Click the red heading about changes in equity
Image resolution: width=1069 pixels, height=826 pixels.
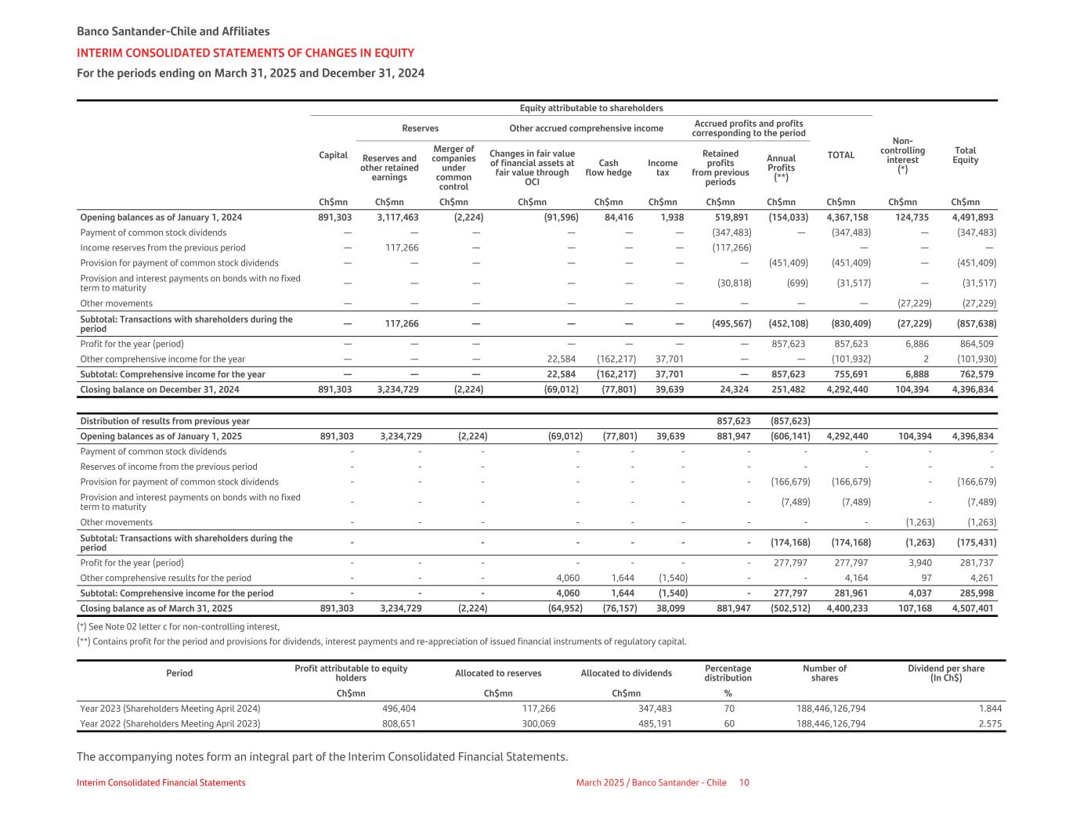[245, 53]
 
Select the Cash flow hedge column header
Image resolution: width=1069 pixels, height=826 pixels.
[609, 168]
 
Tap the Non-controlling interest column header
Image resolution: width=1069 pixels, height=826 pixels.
[902, 155]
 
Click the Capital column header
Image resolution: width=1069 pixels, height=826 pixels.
[333, 155]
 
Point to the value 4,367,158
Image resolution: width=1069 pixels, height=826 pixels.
[847, 218]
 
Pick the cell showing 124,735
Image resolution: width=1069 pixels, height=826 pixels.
[912, 218]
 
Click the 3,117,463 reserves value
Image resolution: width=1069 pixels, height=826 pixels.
[397, 218]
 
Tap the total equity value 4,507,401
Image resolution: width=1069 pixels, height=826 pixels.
[973, 608]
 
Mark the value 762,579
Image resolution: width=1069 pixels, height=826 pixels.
[974, 374]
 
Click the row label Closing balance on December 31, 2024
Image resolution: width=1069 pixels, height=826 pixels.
[160, 389]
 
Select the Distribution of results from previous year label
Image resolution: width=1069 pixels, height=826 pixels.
[164, 421]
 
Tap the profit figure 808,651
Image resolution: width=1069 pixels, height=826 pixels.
[399, 723]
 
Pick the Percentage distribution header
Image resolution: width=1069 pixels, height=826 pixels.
[728, 673]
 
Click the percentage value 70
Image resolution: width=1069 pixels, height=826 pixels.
[729, 709]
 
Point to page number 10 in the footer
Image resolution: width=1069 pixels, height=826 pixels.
[744, 783]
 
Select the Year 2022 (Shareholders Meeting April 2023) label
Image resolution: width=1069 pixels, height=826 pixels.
[170, 723]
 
